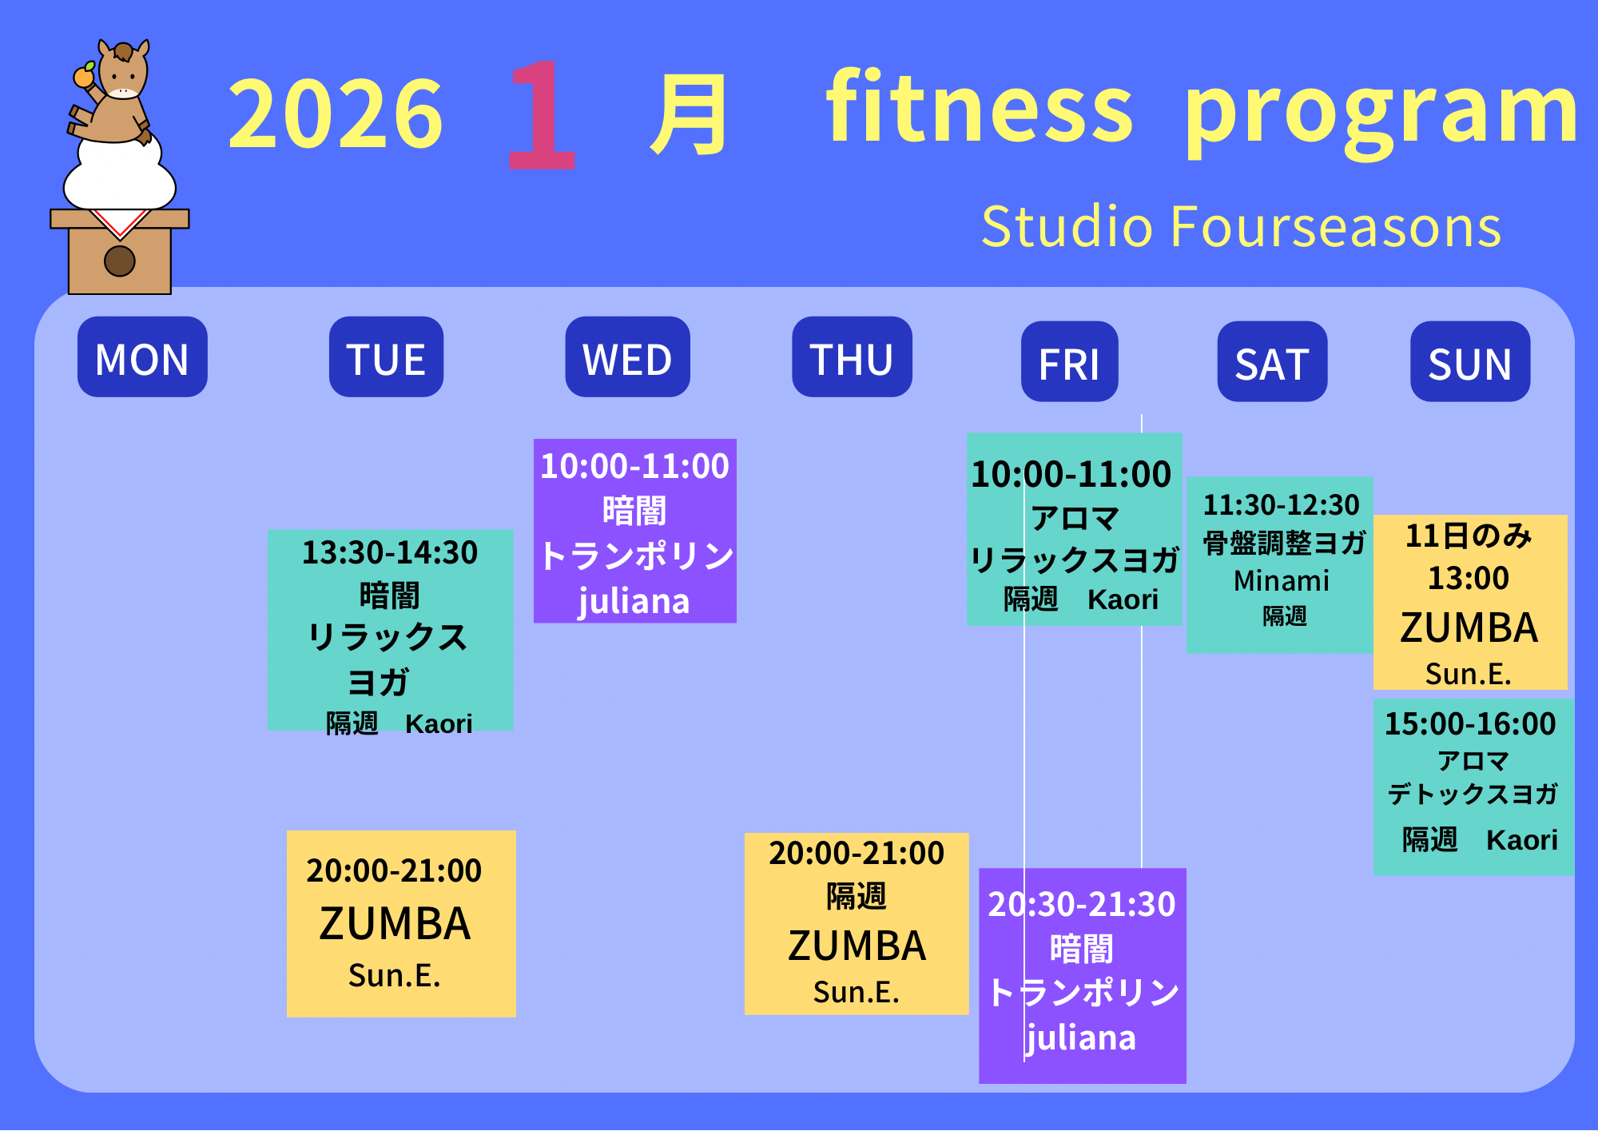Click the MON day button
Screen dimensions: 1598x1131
tap(142, 356)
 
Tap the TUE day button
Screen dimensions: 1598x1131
tap(386, 356)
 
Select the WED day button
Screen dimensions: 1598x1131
tap(627, 356)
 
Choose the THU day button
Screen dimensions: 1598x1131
tap(852, 356)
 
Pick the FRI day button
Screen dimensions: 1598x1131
tap(1069, 361)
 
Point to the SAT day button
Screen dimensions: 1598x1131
tap(1272, 361)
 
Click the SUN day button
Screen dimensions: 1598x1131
tap(1470, 361)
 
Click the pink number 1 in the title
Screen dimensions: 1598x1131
tap(542, 114)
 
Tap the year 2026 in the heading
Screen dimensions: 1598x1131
tap(336, 113)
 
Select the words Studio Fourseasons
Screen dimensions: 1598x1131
tap(1242, 226)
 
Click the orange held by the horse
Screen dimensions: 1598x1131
tap(84, 76)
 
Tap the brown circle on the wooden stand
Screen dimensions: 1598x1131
tap(120, 261)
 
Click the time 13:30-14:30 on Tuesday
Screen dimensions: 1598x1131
tap(390, 552)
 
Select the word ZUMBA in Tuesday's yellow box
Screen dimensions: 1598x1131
tap(395, 924)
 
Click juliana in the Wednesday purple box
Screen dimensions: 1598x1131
tap(634, 601)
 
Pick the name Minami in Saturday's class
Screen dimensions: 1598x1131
tap(1282, 580)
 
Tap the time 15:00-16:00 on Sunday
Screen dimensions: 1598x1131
tap(1470, 723)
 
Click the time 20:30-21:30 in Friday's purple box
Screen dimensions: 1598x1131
tap(1082, 904)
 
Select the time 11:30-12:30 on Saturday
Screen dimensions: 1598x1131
tap(1281, 504)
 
